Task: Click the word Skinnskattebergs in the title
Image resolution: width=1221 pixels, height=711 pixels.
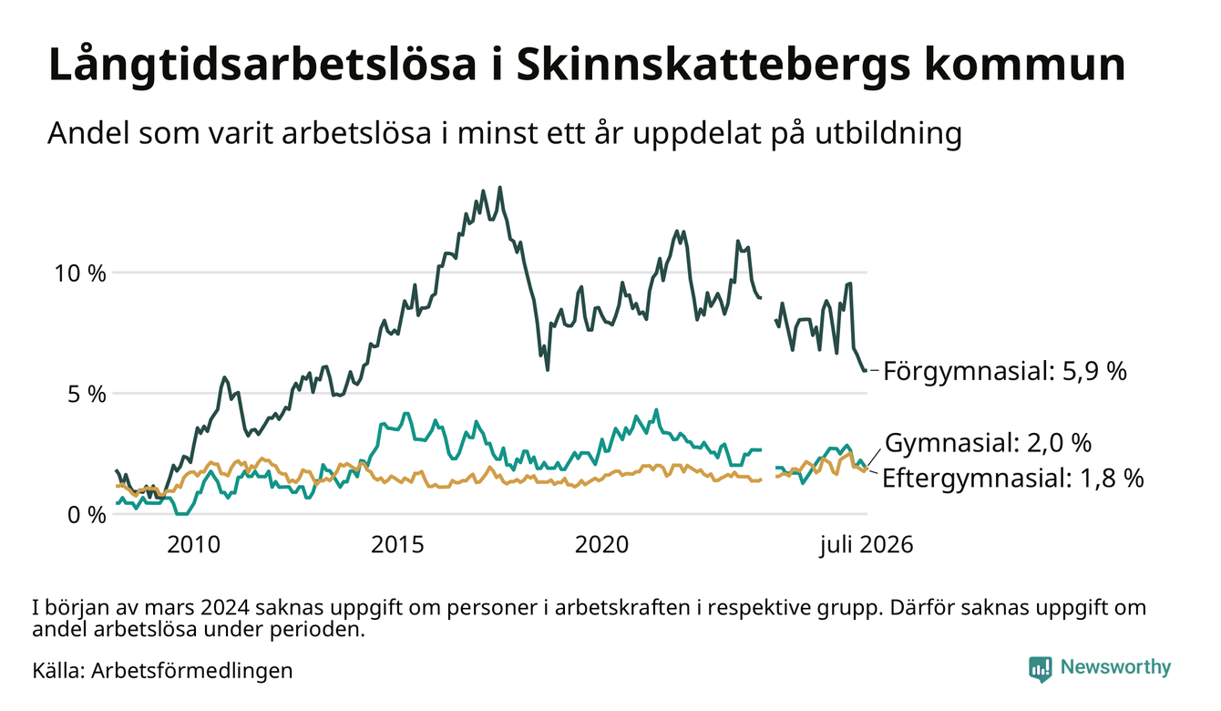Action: click(712, 65)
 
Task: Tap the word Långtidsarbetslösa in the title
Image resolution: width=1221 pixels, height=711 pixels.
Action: click(262, 66)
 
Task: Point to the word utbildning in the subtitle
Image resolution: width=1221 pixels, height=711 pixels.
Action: click(888, 134)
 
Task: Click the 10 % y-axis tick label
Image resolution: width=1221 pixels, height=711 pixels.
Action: click(79, 273)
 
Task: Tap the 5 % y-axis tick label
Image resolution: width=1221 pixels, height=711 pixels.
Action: click(87, 394)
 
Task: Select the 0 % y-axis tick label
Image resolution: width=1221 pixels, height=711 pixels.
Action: click(87, 515)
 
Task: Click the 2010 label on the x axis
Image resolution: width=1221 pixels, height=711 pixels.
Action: click(194, 545)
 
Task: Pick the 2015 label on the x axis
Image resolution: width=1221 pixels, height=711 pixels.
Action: click(398, 545)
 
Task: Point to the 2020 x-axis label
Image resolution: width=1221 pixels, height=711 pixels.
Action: click(601, 545)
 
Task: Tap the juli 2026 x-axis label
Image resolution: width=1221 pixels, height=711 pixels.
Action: click(867, 545)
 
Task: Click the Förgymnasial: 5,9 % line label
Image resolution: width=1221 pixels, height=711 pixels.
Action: click(1005, 371)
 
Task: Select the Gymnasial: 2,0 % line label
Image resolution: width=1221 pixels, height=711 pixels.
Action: click(989, 443)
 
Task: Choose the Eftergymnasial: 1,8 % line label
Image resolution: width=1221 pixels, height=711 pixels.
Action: click(1012, 479)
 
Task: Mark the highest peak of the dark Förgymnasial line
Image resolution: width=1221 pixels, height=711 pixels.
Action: click(500, 188)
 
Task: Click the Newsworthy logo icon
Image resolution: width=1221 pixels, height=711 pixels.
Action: click(1041, 668)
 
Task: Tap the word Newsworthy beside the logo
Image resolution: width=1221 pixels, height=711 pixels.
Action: click(1116, 667)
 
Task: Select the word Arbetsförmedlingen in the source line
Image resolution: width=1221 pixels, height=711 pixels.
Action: click(192, 671)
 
